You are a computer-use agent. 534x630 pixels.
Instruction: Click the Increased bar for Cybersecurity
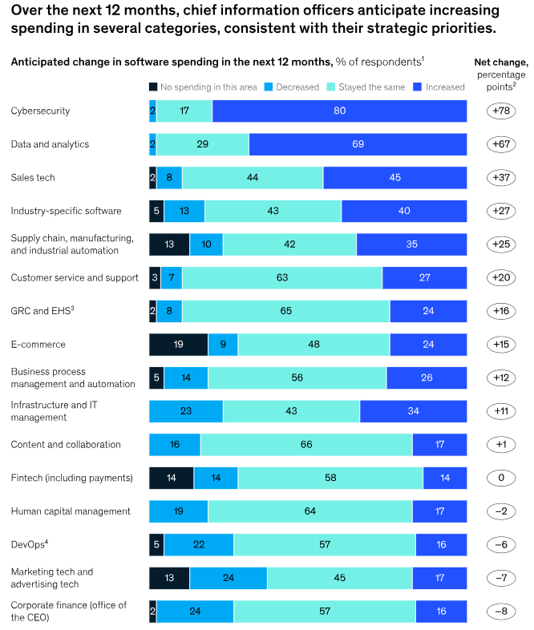(x=339, y=111)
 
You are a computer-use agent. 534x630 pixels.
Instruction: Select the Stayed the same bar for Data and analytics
(x=203, y=144)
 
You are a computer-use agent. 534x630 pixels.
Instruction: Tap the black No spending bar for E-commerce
(x=178, y=345)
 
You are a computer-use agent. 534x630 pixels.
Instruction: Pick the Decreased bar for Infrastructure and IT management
(x=186, y=411)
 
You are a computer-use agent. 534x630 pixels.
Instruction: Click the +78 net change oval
(x=500, y=111)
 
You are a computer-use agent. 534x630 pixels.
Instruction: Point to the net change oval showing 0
(x=500, y=478)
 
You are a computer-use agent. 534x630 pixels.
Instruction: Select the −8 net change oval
(x=500, y=611)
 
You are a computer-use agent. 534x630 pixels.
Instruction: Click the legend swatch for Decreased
(x=269, y=87)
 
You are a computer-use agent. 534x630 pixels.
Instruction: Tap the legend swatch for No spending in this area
(x=154, y=87)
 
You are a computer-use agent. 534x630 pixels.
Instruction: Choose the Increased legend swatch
(x=418, y=87)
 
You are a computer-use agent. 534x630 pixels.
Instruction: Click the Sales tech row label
(x=33, y=178)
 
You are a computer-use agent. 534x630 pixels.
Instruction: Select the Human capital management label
(x=71, y=511)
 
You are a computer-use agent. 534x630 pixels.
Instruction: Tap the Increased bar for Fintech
(x=445, y=478)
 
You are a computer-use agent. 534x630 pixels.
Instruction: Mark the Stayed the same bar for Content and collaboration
(x=306, y=445)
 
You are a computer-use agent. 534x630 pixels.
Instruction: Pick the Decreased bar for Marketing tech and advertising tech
(x=229, y=578)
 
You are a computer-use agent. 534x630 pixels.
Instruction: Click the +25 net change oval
(x=500, y=244)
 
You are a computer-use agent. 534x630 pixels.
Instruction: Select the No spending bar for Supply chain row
(x=169, y=244)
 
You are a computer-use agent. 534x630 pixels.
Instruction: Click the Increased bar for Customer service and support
(x=424, y=278)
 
